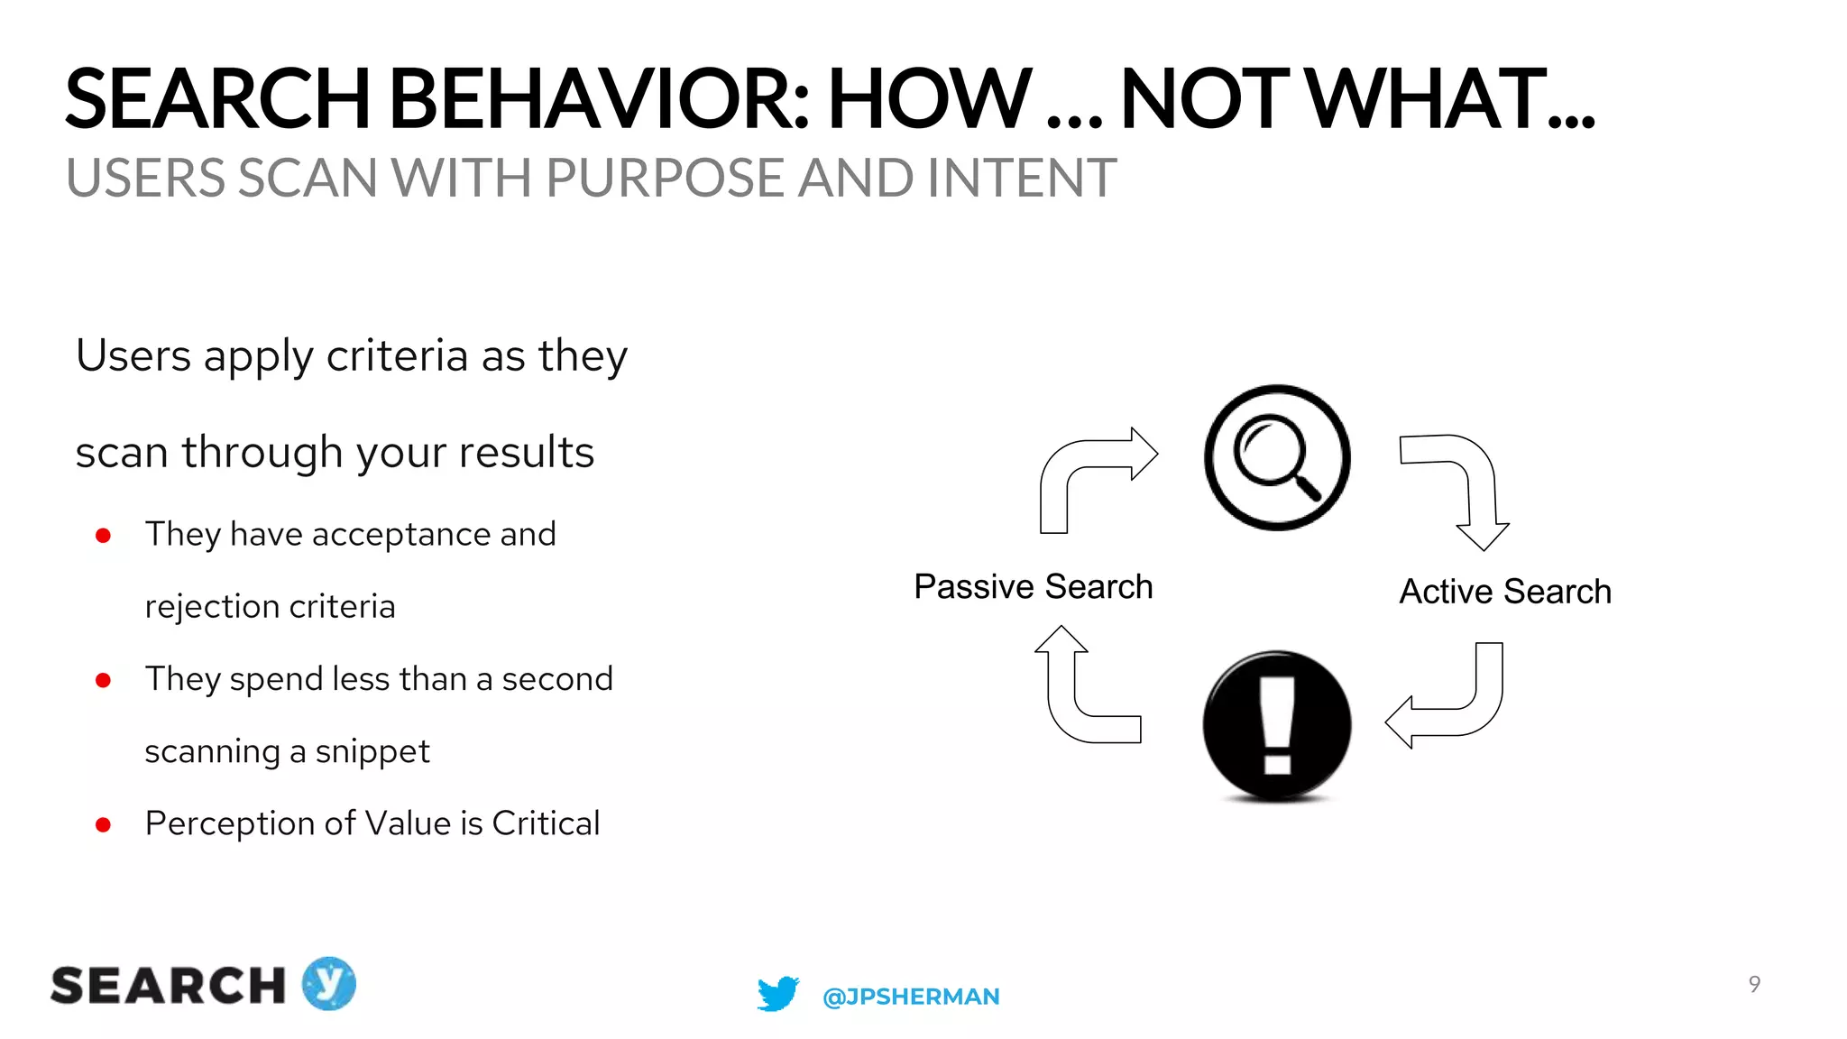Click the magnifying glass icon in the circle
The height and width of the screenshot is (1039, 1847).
[1277, 458]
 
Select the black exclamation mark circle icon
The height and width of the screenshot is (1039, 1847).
[1277, 725]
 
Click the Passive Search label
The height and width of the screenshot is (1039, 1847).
[1033, 587]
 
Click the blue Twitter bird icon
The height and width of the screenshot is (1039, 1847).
[777, 994]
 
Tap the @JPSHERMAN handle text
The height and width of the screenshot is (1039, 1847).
[911, 997]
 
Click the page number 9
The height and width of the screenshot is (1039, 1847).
[1754, 984]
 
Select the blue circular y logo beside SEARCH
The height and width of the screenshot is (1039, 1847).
[328, 983]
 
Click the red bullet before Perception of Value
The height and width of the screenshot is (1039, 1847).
[104, 824]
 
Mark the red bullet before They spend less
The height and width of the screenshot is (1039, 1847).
[104, 680]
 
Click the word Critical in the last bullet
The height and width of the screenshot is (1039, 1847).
[546, 823]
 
